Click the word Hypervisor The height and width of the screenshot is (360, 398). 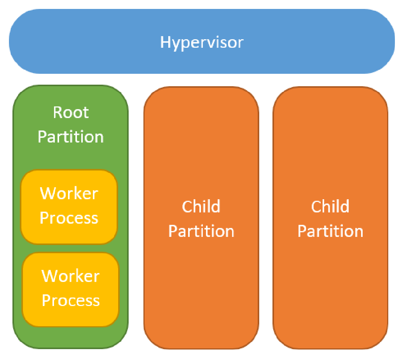click(x=202, y=42)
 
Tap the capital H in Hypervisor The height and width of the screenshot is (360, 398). click(x=166, y=42)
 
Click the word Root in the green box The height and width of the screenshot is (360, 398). click(x=71, y=113)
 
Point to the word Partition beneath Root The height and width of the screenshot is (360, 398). click(x=71, y=137)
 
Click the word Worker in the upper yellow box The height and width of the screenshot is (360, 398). click(x=69, y=193)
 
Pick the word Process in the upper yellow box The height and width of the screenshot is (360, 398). click(x=69, y=218)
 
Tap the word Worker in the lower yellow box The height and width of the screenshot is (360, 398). click(x=71, y=276)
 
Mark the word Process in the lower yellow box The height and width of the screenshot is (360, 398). click(x=71, y=301)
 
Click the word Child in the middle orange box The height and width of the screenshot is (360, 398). click(x=201, y=207)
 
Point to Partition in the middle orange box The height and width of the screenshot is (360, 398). click(x=201, y=231)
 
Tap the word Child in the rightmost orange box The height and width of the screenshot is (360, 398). click(x=330, y=207)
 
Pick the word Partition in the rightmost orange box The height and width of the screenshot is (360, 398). click(x=330, y=231)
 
